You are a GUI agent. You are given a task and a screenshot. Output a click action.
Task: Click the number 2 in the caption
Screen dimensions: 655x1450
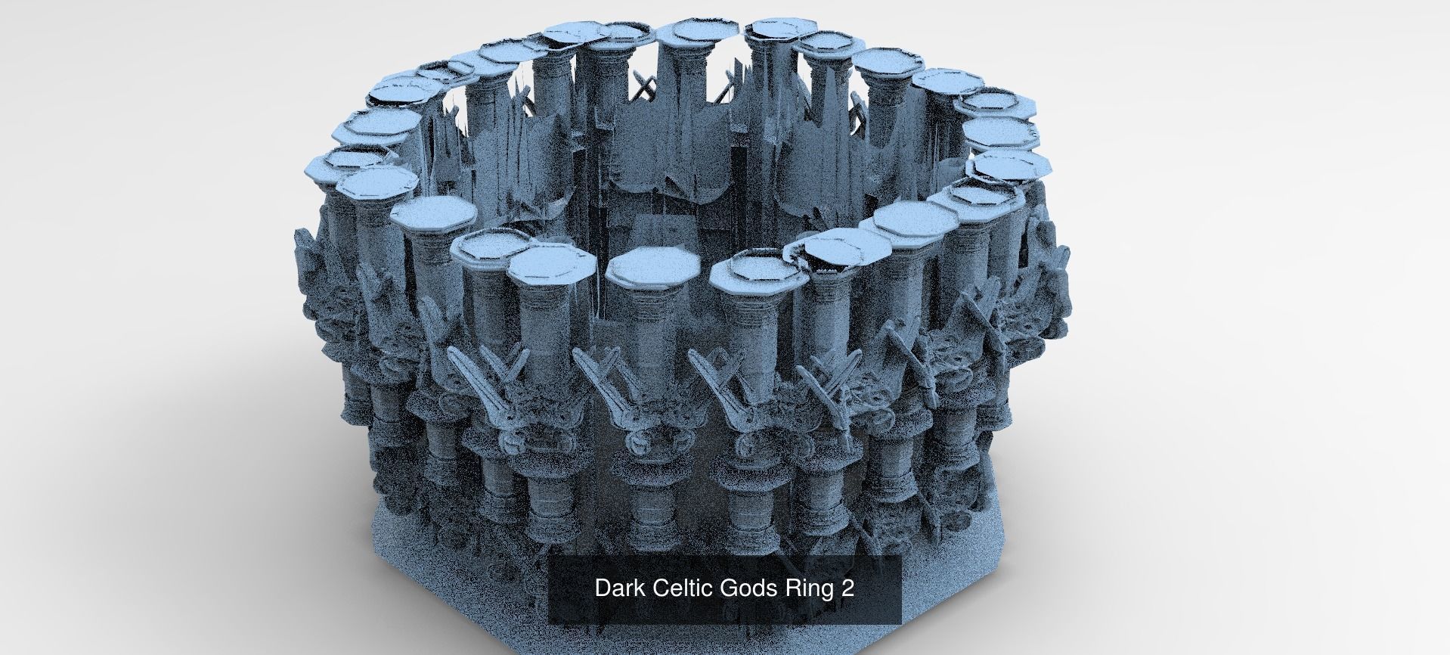pos(847,588)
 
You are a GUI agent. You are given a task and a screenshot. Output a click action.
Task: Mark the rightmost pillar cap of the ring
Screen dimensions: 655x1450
pos(1011,165)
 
